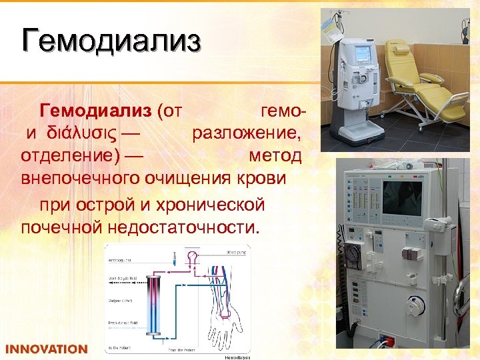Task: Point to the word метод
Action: coord(275,156)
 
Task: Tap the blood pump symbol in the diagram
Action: coord(194,255)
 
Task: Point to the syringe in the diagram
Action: coord(173,256)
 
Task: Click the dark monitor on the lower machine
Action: coord(402,198)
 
